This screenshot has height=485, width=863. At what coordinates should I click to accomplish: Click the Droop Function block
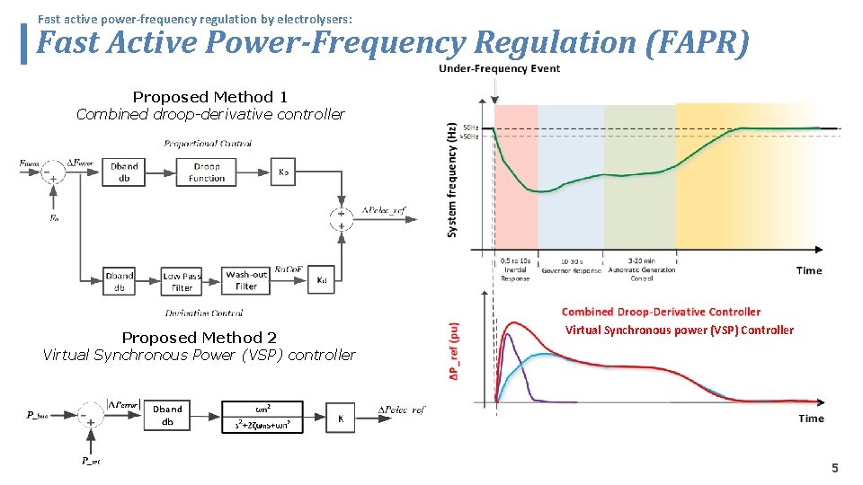pos(207,172)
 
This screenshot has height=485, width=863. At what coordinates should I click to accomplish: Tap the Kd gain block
pos(322,281)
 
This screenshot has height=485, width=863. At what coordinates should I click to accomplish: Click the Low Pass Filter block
pos(182,281)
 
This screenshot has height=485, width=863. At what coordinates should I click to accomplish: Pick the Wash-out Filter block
pos(246,281)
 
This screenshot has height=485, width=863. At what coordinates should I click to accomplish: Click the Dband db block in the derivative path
pos(119,281)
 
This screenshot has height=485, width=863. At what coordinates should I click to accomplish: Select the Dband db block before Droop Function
pos(124,172)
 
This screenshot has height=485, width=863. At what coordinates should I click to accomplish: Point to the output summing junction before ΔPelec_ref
pos(341,219)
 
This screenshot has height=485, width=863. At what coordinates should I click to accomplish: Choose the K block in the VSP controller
pos(341,418)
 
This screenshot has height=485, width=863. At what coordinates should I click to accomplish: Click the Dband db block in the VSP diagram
pos(167,416)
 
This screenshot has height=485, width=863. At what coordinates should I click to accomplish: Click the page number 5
pos(834,468)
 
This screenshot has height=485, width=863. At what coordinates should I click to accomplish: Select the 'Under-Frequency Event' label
pos(499,69)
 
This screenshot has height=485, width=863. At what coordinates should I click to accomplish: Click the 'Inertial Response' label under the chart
pos(515,269)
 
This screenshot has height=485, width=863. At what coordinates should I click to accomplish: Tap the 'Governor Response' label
pos(570,269)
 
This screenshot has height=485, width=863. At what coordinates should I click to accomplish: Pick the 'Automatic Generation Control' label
pos(641,274)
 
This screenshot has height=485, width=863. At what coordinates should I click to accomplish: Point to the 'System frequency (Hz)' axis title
pos(451,181)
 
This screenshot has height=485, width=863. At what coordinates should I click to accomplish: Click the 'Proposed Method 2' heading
pos(200,338)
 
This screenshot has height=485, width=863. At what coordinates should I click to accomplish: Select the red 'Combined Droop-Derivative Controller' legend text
pos(661,312)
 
